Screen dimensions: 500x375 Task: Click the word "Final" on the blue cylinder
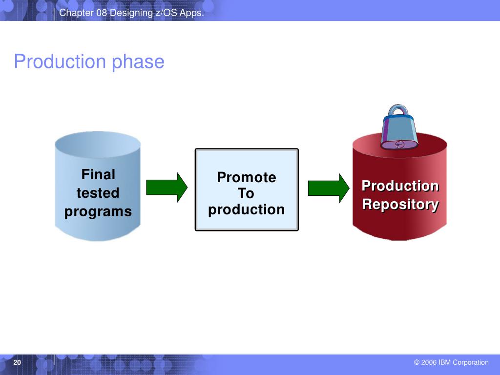(x=98, y=174)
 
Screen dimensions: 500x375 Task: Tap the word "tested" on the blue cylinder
(x=98, y=193)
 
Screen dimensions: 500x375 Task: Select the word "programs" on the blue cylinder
(x=98, y=212)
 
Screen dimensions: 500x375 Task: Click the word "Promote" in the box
(x=247, y=177)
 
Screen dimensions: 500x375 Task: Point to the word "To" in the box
(x=246, y=193)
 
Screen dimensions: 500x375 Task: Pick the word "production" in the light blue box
(x=247, y=210)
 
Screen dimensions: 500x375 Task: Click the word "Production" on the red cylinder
(x=400, y=186)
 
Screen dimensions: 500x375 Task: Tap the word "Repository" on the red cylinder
(x=400, y=205)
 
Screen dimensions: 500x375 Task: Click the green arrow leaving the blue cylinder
(x=167, y=187)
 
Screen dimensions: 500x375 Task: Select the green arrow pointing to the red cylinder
(x=329, y=188)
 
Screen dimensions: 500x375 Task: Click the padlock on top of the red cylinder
(x=399, y=127)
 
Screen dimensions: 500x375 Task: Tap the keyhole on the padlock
(x=399, y=145)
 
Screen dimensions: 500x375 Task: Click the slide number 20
(x=17, y=362)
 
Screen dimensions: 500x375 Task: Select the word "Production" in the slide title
(x=60, y=61)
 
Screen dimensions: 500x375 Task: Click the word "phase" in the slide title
(x=138, y=62)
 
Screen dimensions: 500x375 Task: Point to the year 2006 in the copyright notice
(x=429, y=362)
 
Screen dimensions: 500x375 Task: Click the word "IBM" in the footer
(x=444, y=362)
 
